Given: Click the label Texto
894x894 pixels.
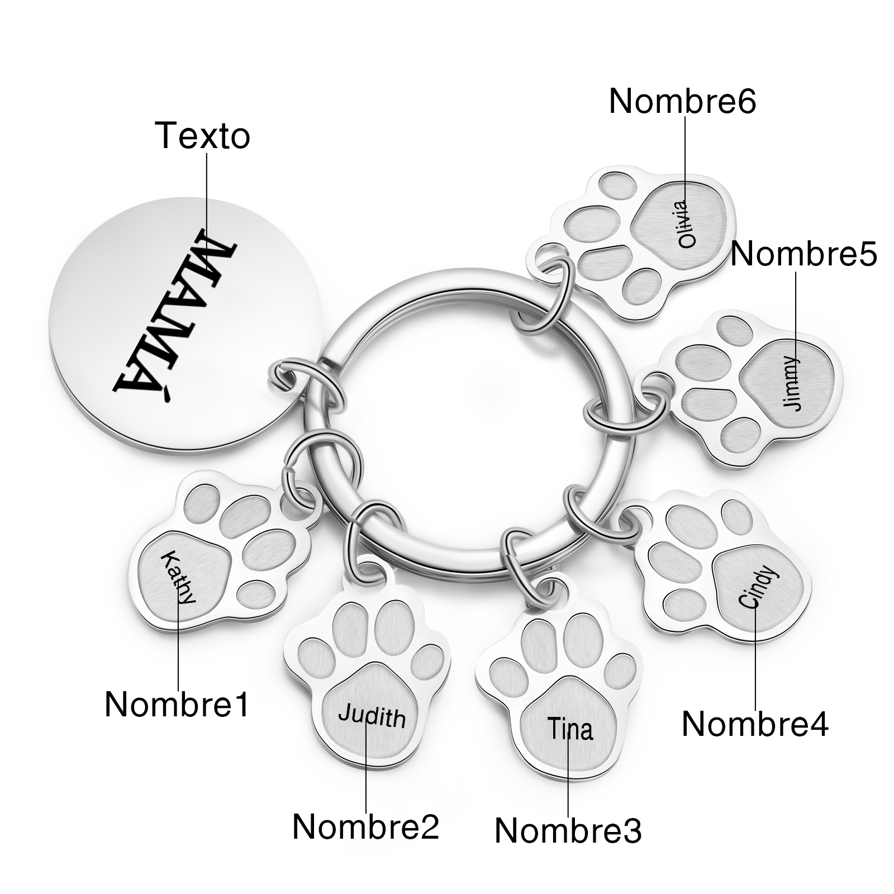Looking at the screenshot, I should click(203, 136).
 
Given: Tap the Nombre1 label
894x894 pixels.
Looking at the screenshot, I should click(177, 704).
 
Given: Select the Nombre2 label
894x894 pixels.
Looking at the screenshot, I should click(366, 826).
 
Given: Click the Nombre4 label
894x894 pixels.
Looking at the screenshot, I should click(755, 724).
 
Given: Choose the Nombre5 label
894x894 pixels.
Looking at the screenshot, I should click(803, 254).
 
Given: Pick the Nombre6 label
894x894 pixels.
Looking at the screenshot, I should click(682, 101).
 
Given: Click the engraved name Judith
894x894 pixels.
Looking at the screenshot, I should click(372, 716).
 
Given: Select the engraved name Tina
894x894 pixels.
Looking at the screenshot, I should click(569, 729).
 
